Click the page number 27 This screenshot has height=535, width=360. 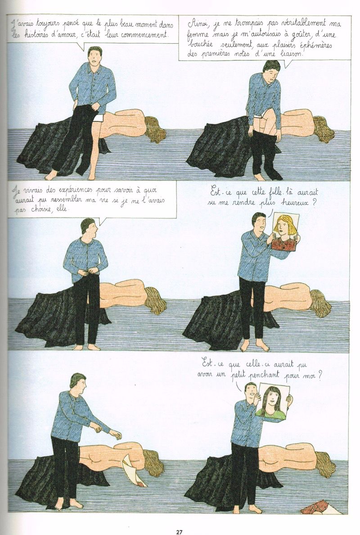coord(180,531)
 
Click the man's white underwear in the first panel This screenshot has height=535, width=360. coord(97,118)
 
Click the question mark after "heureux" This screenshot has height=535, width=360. coord(314,203)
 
